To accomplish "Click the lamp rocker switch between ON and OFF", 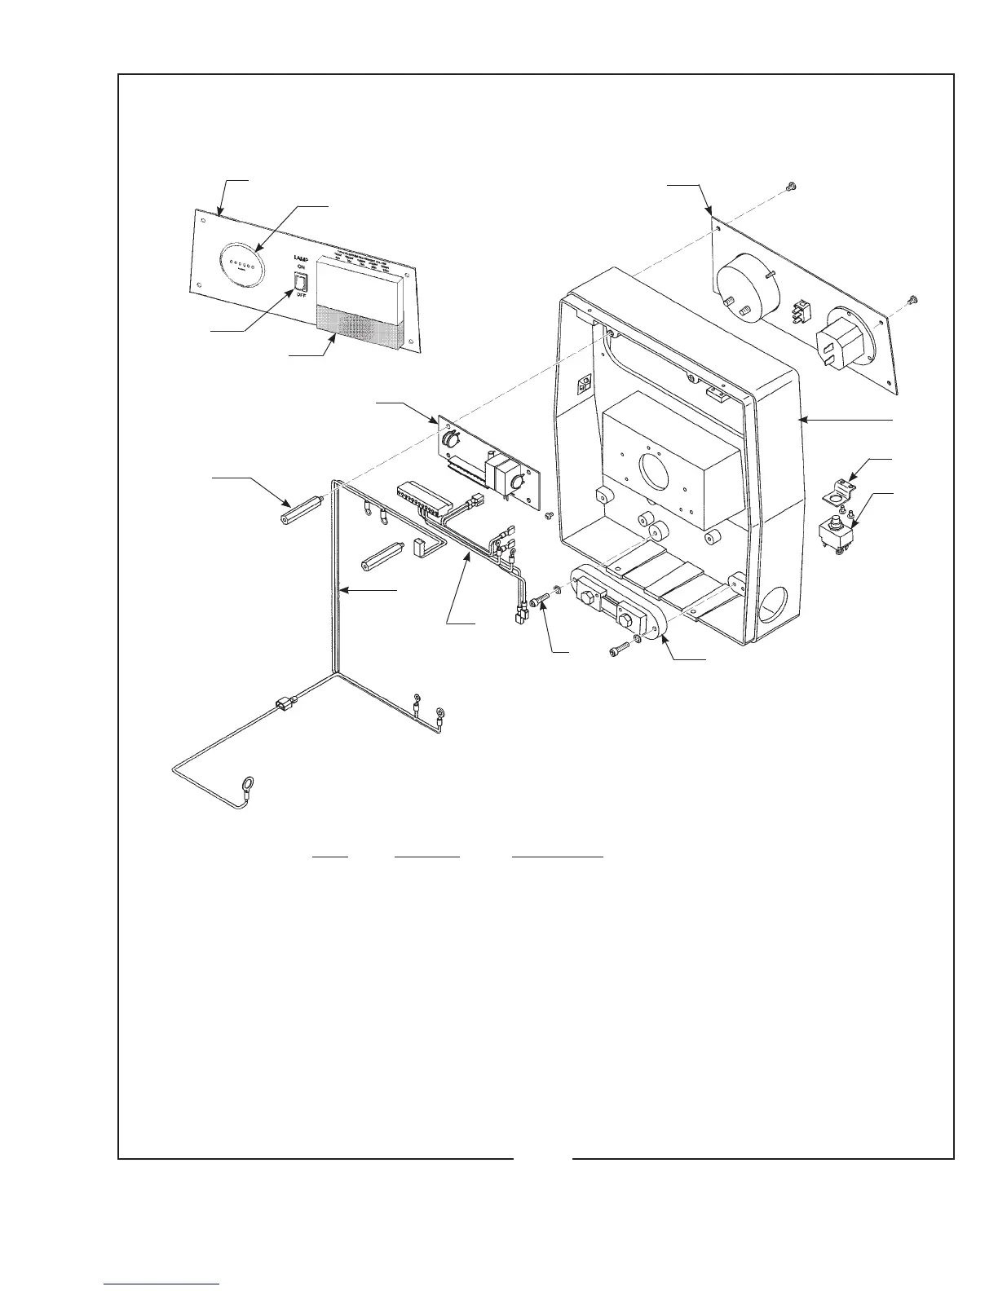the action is pos(300,282).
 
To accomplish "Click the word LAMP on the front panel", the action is pos(299,257).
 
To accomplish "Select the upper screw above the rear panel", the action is pos(789,187).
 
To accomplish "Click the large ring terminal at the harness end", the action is pos(243,786).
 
